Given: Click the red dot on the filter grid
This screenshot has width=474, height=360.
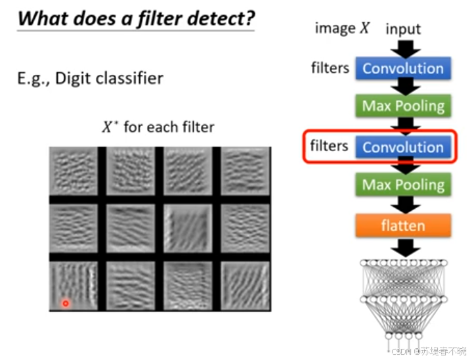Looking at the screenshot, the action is tap(66, 303).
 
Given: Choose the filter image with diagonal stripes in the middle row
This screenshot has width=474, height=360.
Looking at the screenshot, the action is tap(188, 228).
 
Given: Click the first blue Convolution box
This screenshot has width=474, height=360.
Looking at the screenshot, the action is tap(402, 68).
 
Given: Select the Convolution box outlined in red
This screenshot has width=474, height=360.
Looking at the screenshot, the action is tap(402, 147).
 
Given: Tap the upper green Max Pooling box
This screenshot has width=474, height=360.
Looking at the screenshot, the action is tap(402, 106).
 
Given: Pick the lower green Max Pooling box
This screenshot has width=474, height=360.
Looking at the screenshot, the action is tap(402, 185).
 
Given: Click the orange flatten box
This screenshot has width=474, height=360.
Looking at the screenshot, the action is tap(402, 226).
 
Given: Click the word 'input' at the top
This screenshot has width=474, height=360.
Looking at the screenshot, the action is tap(403, 29).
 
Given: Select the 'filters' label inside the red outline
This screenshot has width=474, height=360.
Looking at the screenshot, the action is tap(329, 146).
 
